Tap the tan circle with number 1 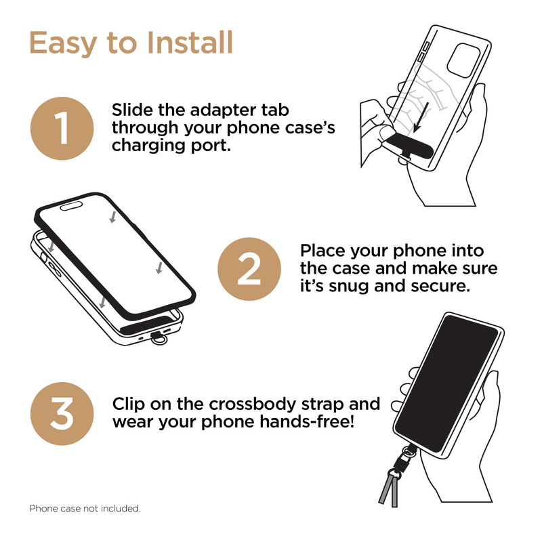tap(62, 127)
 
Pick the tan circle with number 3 tap(62, 413)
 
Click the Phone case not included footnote tap(85, 508)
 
